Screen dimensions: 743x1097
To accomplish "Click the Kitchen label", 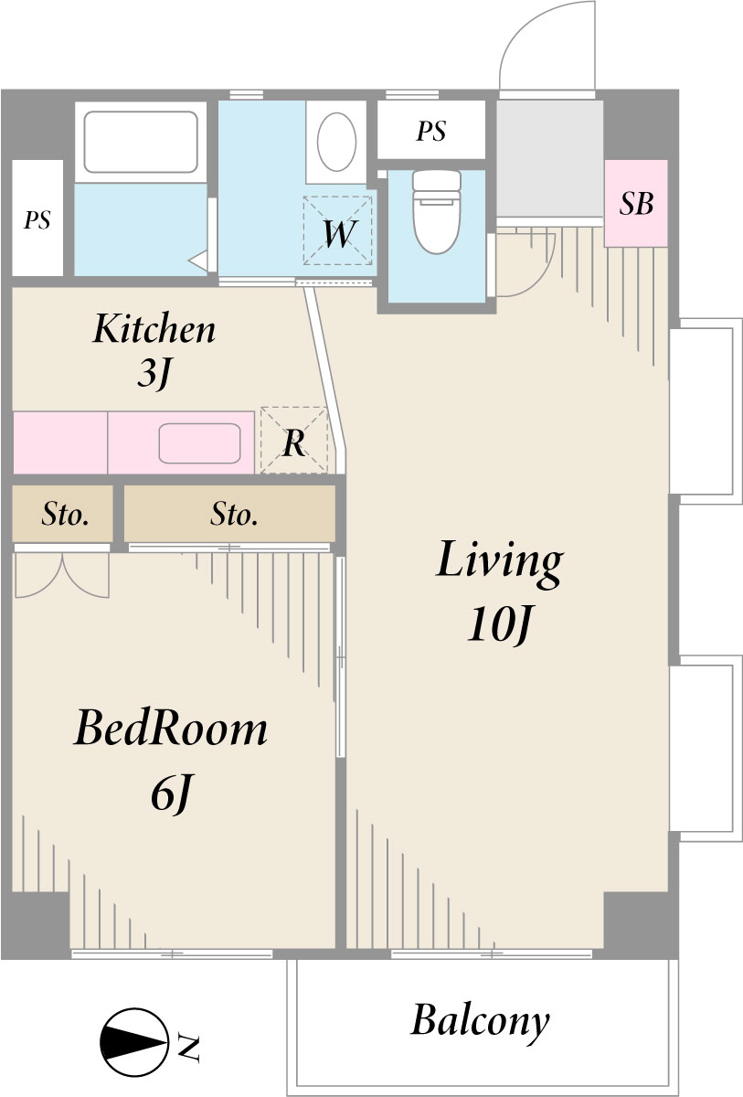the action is (x=154, y=328).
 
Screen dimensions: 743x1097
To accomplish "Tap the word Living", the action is (x=499, y=562).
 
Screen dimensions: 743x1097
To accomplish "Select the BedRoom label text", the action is (x=171, y=730).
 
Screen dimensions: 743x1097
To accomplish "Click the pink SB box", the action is (x=636, y=203).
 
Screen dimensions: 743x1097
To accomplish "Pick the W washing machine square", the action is (x=338, y=230).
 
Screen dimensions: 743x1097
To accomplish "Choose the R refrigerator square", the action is (x=293, y=441).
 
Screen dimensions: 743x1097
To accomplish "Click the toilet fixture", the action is (x=437, y=211).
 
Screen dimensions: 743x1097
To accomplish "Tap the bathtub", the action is (x=141, y=142).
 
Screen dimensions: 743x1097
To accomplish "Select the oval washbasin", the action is (x=336, y=142).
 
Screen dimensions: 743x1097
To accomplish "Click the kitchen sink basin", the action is (x=200, y=443).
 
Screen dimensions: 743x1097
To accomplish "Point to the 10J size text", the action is (x=499, y=625).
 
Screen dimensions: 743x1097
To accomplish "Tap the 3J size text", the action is (x=154, y=374).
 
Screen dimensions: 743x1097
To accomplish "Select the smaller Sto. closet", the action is (x=63, y=514).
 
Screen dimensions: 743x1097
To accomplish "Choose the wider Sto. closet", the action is (x=229, y=514).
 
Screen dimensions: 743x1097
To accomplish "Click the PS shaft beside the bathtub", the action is (x=37, y=218).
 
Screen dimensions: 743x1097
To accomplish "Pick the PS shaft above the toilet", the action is (x=431, y=130).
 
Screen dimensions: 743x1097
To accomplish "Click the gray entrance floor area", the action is (x=549, y=158).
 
